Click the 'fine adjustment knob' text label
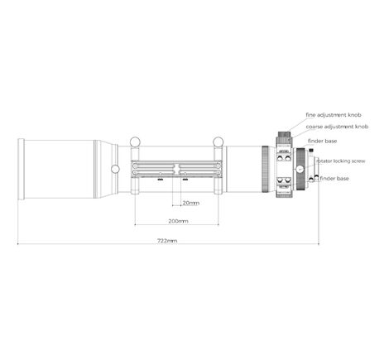[x=335, y=114]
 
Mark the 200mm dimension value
[x=176, y=221]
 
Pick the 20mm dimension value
[x=190, y=202]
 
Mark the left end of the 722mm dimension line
[x=18, y=245]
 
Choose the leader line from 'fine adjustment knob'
[x=294, y=122]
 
